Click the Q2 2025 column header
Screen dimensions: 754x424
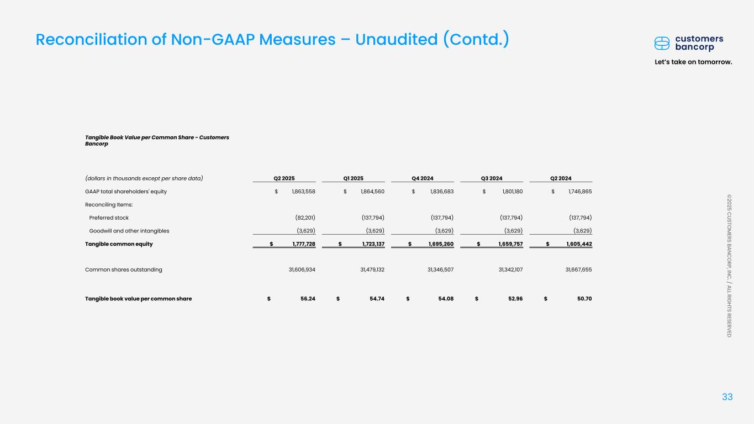pos(284,178)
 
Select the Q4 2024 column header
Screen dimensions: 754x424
pos(423,178)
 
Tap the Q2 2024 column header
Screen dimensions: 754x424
pos(561,178)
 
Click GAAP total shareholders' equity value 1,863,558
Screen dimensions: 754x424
pos(303,192)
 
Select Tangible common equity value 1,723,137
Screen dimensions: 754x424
pos(373,244)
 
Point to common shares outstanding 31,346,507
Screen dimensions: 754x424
pos(440,269)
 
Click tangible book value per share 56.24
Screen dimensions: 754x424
pos(308,299)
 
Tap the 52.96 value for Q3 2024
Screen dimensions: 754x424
pos(515,299)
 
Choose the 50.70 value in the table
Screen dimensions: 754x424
pos(584,299)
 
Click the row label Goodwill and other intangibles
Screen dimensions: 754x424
pos(129,231)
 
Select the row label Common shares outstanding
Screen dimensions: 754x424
pos(124,269)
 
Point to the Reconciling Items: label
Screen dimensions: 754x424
pos(109,205)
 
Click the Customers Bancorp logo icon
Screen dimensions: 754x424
pos(662,44)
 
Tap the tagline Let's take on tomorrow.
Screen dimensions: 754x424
pos(693,62)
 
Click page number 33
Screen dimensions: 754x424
pos(727,397)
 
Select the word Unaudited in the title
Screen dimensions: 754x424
pos(396,39)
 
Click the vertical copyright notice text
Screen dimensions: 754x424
pos(729,266)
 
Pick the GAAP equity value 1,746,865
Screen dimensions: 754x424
pos(580,192)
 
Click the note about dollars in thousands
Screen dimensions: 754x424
pos(144,178)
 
